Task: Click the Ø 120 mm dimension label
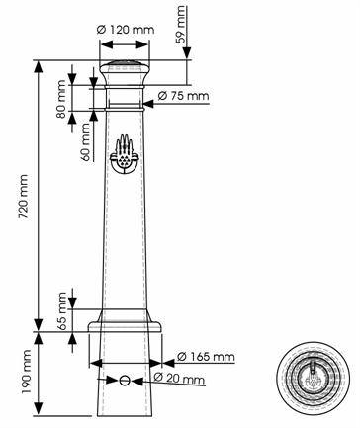(x=126, y=30)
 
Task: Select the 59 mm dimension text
(x=181, y=25)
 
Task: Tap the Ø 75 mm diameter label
(x=183, y=96)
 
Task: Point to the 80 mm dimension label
(x=61, y=99)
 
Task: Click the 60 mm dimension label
(x=85, y=141)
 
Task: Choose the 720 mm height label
(x=23, y=197)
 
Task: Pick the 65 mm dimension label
(x=61, y=311)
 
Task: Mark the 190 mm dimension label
(x=26, y=372)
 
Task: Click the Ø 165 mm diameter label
(x=206, y=357)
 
